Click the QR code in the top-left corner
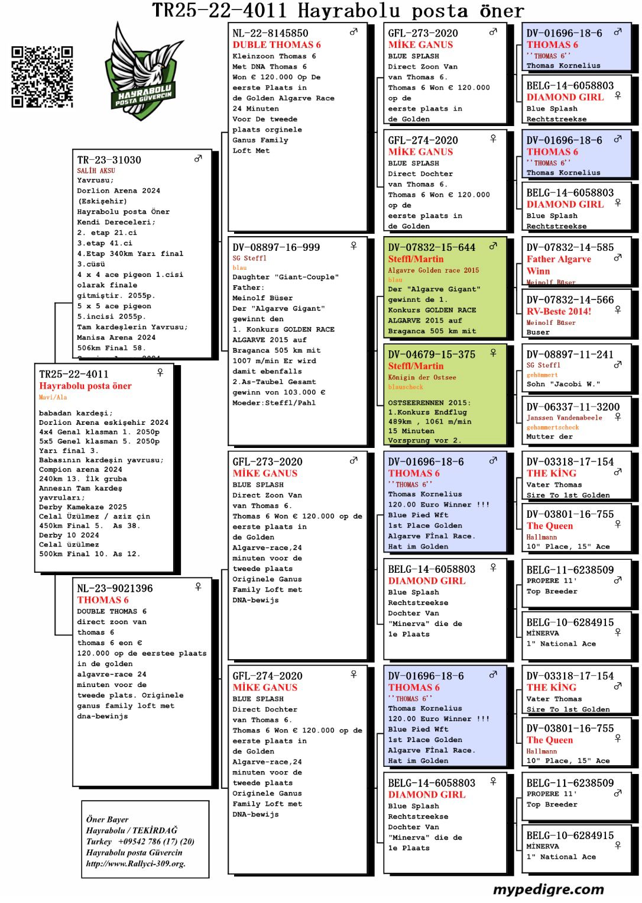(42, 76)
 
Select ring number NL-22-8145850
(270, 33)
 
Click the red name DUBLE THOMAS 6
(276, 45)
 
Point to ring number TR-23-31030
(109, 160)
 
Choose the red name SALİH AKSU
(96, 170)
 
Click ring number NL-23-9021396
(115, 588)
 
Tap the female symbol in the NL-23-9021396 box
(198, 586)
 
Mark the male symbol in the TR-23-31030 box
(198, 158)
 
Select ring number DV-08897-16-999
(276, 247)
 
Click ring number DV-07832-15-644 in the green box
(432, 247)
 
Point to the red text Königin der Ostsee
(421, 378)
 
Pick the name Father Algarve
(559, 259)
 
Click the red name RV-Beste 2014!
(559, 311)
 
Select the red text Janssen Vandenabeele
(564, 418)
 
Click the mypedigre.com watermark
(548, 889)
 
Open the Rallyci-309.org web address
(135, 863)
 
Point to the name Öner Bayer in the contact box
(107, 819)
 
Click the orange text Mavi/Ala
(53, 397)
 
